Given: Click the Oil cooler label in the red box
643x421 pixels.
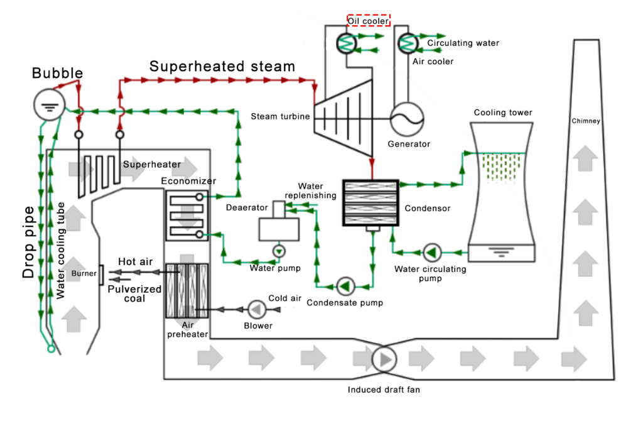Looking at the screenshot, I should pyautogui.click(x=369, y=21).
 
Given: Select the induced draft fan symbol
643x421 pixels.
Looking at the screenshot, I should pyautogui.click(x=384, y=358).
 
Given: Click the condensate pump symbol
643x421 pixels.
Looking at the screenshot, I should pyautogui.click(x=345, y=286).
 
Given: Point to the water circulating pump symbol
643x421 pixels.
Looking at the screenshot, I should pyautogui.click(x=431, y=253).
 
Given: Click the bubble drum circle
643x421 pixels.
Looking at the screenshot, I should pyautogui.click(x=47, y=107).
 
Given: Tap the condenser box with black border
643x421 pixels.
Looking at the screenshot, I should pyautogui.click(x=370, y=202).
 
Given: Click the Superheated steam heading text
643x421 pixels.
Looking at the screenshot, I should pyautogui.click(x=222, y=66).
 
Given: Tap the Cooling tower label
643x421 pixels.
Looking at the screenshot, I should pyautogui.click(x=503, y=112).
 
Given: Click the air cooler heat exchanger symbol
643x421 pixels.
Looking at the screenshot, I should pyautogui.click(x=408, y=43).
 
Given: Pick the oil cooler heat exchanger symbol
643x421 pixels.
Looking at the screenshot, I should pyautogui.click(x=346, y=43).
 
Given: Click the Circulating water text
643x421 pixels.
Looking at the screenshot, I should pyautogui.click(x=463, y=43).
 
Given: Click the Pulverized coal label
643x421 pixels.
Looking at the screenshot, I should pyautogui.click(x=134, y=293).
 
